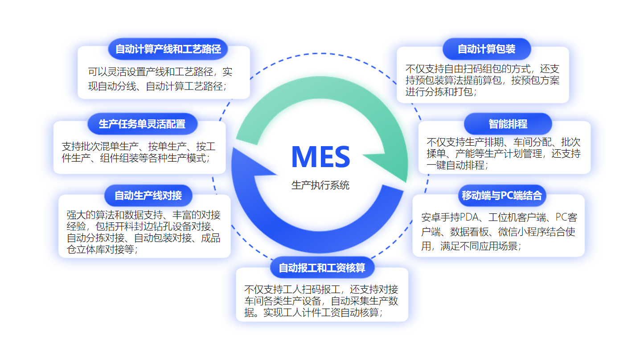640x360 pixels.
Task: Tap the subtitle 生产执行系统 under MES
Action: pos(320,185)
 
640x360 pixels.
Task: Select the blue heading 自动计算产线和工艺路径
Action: pos(168,49)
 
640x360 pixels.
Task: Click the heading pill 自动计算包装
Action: pos(487,49)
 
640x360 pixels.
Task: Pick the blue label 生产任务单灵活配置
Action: pos(142,124)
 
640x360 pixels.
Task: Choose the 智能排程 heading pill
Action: pos(508,124)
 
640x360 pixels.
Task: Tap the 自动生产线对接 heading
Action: pos(148,196)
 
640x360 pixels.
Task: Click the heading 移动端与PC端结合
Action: pos(502,196)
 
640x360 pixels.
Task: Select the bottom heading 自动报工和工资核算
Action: pos(322,268)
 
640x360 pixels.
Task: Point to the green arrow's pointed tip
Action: pos(406,182)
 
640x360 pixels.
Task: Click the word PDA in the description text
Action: pos(469,217)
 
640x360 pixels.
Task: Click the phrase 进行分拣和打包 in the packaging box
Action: pos(439,92)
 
